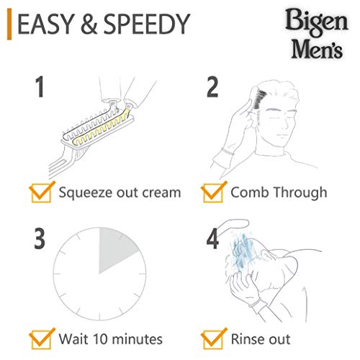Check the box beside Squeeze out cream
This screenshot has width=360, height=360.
click(41, 192)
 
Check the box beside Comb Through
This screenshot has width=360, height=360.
click(212, 192)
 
